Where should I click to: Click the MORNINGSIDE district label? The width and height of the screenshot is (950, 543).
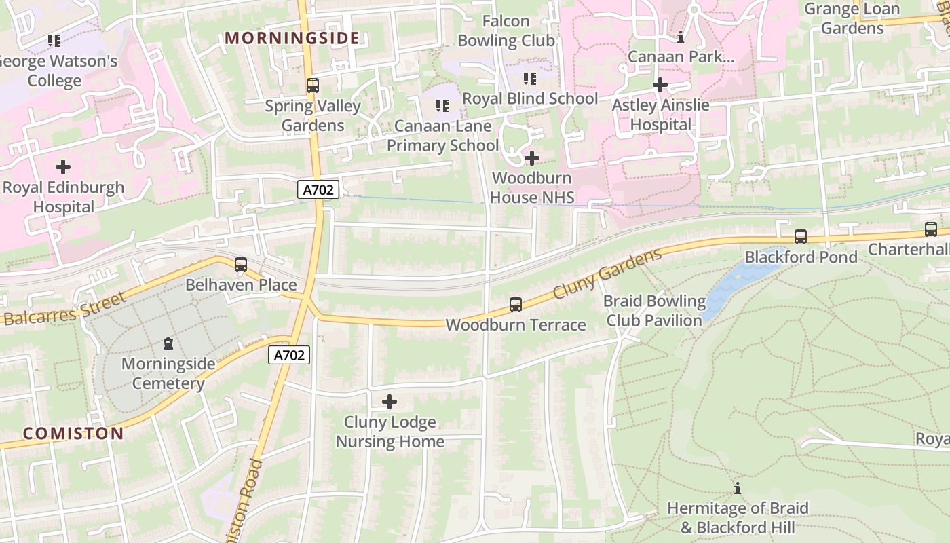(x=292, y=38)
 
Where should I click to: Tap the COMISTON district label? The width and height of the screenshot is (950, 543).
(x=73, y=433)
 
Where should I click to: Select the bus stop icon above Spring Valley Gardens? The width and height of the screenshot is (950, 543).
(x=312, y=86)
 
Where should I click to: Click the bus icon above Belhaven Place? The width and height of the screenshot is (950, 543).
(x=241, y=265)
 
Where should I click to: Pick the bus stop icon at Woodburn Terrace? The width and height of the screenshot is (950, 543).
(x=516, y=305)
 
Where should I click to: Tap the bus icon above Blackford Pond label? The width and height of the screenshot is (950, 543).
(x=801, y=237)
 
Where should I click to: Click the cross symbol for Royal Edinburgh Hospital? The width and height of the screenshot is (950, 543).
(x=63, y=166)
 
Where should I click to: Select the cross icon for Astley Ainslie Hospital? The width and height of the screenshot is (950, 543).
(x=660, y=85)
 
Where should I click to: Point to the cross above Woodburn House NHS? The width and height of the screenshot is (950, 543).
(x=532, y=158)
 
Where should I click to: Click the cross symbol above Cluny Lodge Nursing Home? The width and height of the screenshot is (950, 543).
(x=389, y=402)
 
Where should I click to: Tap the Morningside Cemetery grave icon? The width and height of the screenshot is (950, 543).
(x=168, y=344)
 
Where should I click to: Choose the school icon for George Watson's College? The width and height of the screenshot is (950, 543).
(x=54, y=41)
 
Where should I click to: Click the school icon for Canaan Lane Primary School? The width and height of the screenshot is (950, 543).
(x=442, y=106)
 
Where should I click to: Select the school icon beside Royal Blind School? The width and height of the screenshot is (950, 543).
(x=530, y=79)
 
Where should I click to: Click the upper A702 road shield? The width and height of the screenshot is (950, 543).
(x=318, y=190)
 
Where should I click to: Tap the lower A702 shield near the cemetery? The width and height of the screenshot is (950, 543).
(x=289, y=354)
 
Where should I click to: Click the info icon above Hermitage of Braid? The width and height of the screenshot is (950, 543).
(x=738, y=488)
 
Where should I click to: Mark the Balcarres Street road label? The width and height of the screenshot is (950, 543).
(x=65, y=310)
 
